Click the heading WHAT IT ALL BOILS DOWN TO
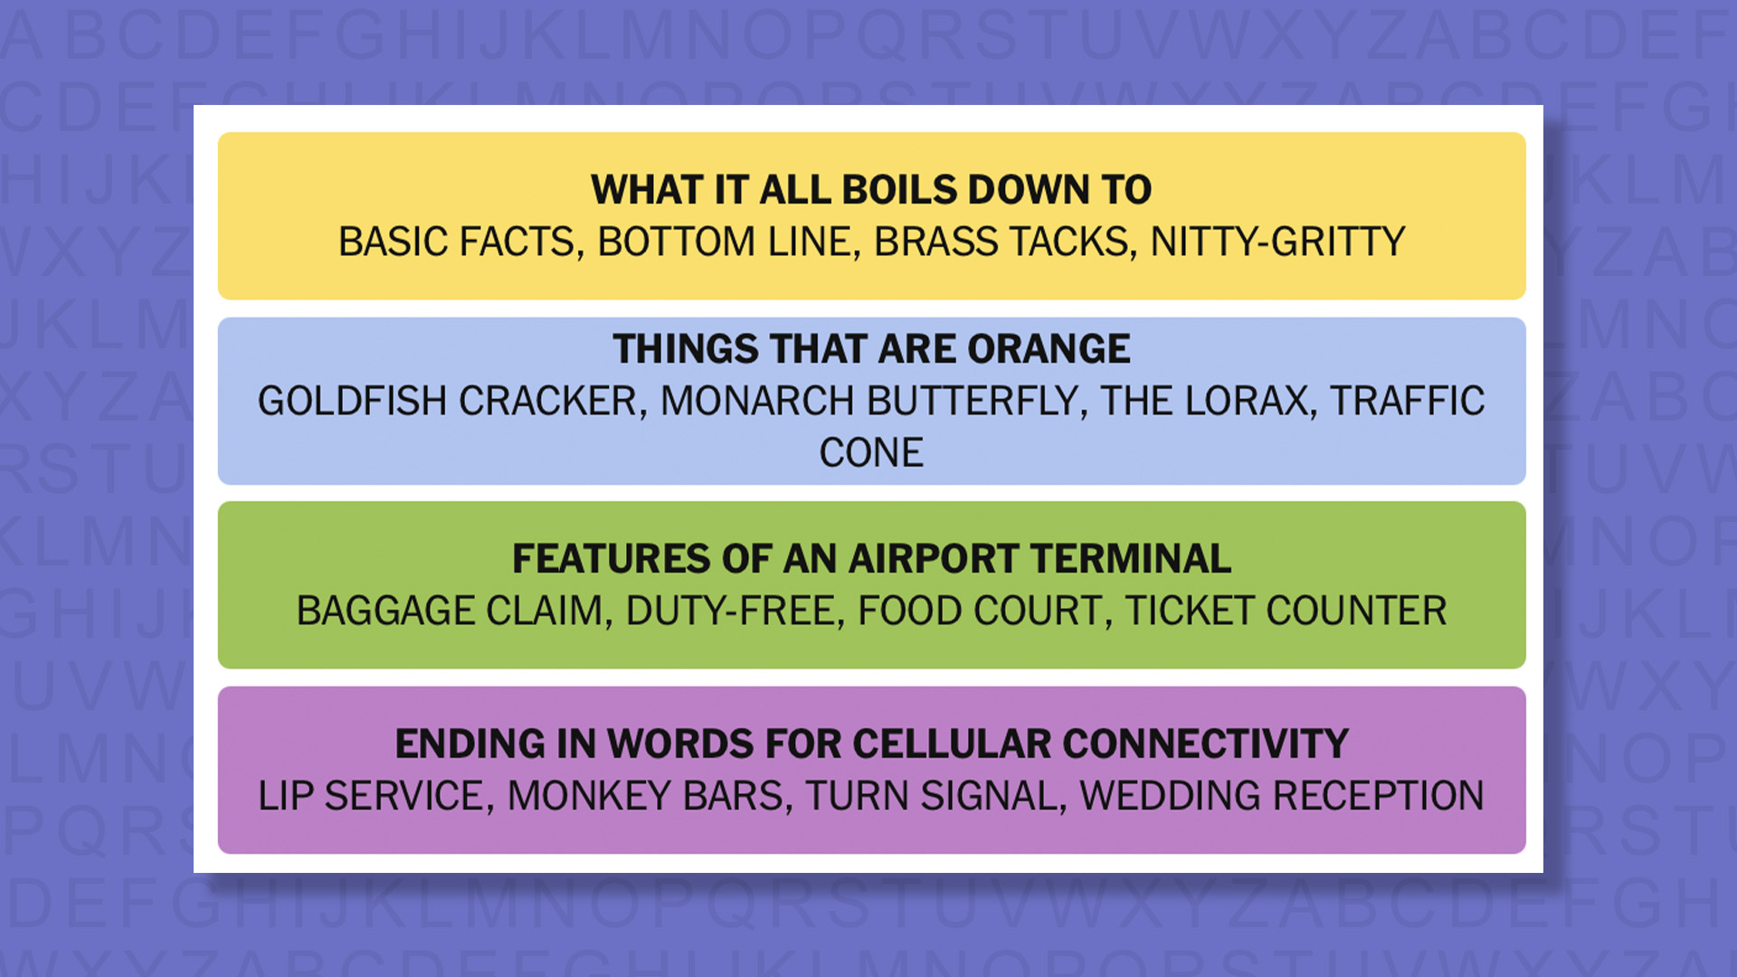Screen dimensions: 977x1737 click(x=871, y=190)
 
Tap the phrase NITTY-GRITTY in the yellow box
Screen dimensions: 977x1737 click(x=1277, y=242)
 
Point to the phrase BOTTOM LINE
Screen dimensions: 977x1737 click(x=727, y=242)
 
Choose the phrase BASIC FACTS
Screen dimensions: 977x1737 click(x=456, y=242)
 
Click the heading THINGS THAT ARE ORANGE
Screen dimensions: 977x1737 click(x=871, y=349)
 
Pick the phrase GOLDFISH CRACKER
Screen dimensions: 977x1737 click(x=447, y=402)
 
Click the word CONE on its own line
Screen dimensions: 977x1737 click(x=871, y=453)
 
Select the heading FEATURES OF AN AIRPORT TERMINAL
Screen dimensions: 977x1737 click(x=871, y=559)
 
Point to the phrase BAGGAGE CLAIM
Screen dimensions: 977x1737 click(x=449, y=612)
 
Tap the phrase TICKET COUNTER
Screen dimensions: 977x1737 click(x=1285, y=612)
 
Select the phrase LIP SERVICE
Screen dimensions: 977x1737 click(x=375, y=797)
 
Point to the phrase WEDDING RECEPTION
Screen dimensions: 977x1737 click(x=1281, y=797)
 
